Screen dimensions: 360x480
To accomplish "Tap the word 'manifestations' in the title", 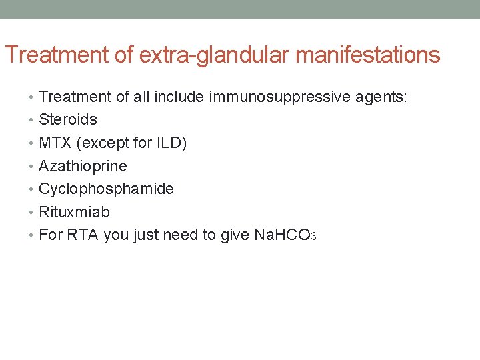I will pos(367,55).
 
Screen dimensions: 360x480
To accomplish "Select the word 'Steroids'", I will pos(68,120).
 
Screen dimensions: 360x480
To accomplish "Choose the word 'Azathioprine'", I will pos(83,166).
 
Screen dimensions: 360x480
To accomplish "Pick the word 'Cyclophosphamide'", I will pos(106,189).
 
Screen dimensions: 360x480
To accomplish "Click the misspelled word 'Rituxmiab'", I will pos(74,212).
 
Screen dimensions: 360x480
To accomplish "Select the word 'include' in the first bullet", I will pos(179,97).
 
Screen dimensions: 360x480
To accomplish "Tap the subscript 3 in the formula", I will pos(313,238).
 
